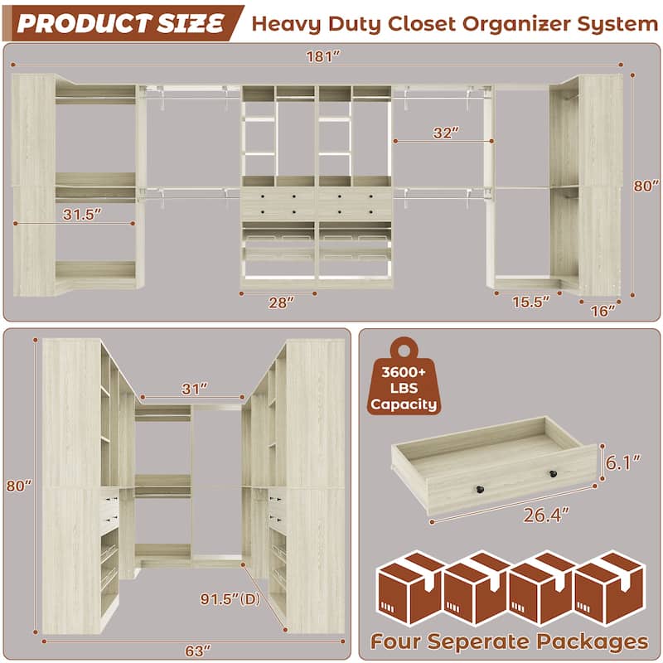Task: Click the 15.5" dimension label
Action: click(530, 302)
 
